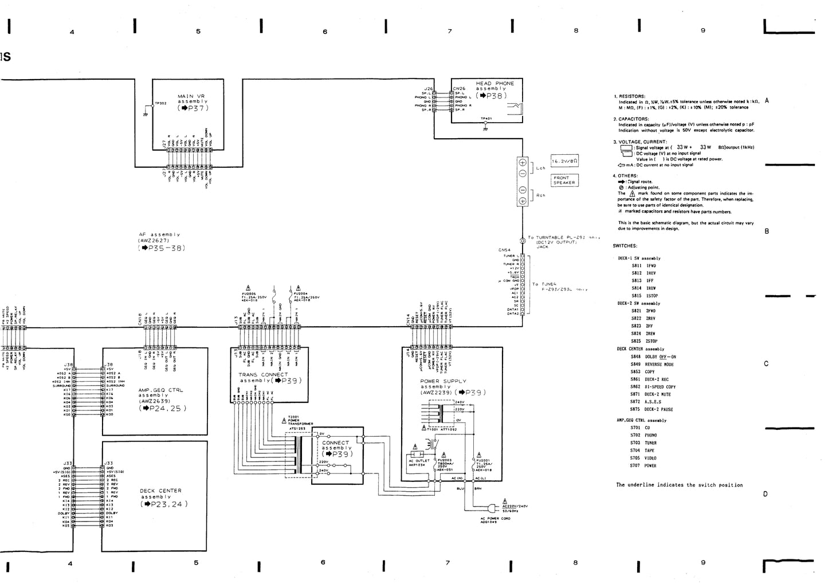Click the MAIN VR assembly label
193,101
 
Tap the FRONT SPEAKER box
564,180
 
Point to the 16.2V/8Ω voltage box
564,162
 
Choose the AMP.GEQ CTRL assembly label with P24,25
160,399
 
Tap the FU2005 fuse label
249,293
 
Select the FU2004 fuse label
302,293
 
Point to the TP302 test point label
160,103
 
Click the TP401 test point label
486,119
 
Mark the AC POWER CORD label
495,520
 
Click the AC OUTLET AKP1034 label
418,463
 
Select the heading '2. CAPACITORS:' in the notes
631,119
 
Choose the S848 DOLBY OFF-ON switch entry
653,356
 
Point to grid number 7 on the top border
449,31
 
